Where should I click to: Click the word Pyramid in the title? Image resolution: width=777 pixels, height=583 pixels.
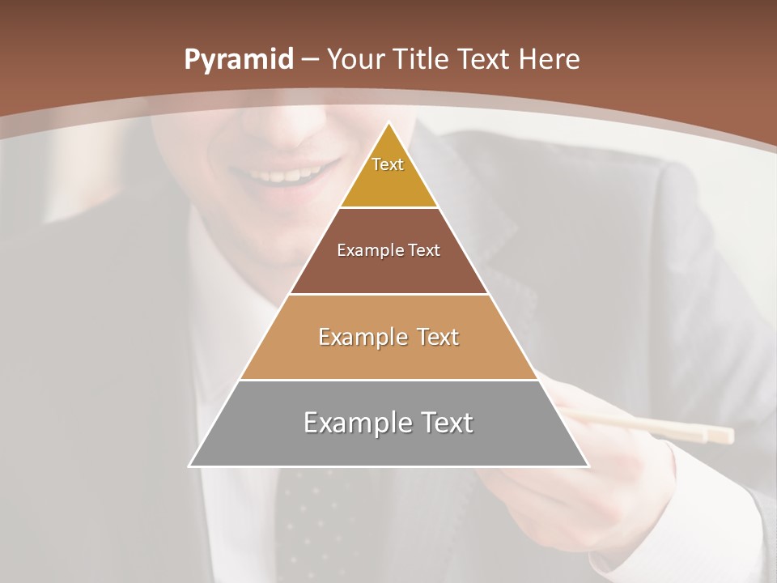point(238,60)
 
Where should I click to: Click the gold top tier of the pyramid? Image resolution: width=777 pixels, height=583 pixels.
point(388,182)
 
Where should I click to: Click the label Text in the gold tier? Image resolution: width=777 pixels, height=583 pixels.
point(388,164)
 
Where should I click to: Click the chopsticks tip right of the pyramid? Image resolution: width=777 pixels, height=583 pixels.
point(720,436)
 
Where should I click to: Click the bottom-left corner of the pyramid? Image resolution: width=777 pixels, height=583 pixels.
point(190,466)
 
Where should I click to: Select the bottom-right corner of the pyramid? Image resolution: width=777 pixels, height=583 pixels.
point(588,466)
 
